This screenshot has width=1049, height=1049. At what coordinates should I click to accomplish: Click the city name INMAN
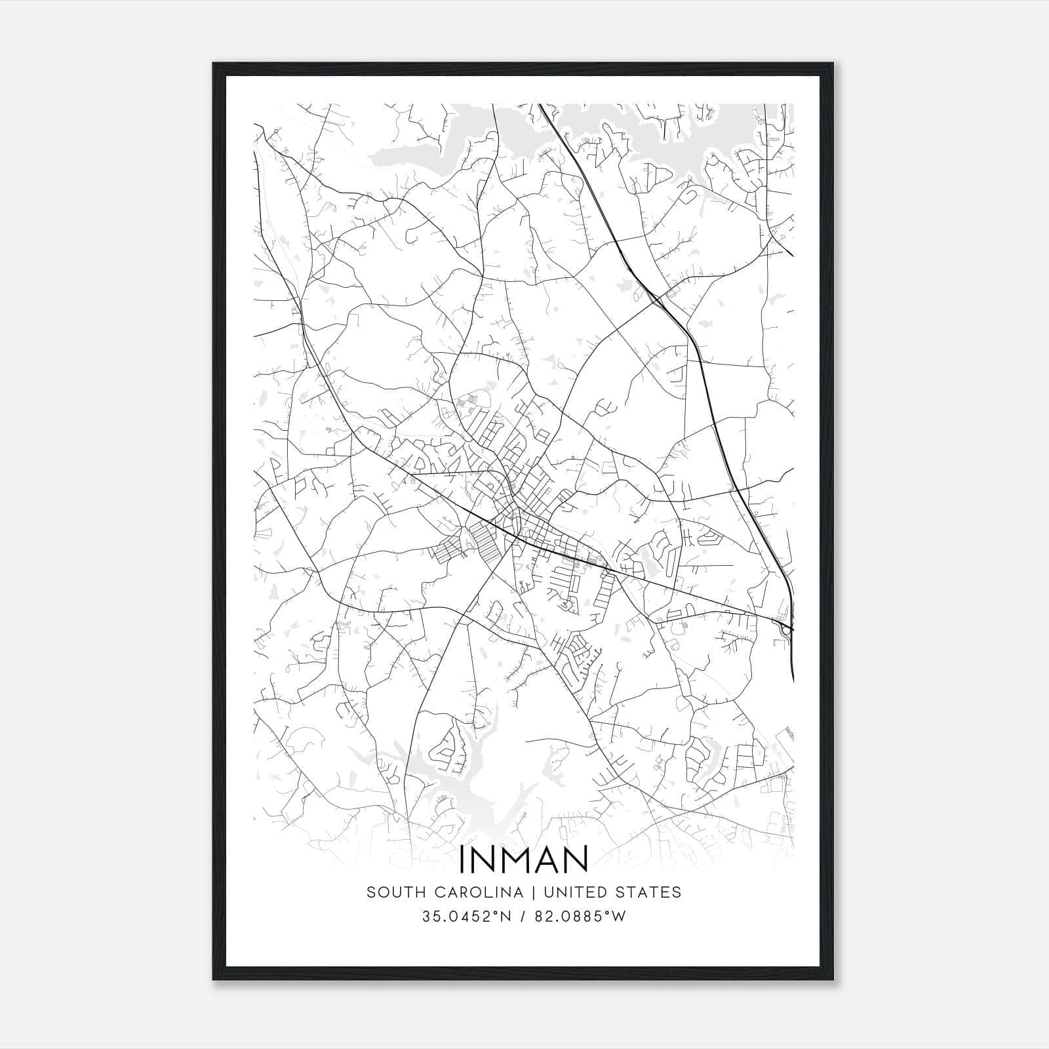point(524,859)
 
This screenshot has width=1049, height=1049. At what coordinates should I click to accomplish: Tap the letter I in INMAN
point(464,859)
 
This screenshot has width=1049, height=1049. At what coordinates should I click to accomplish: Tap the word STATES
point(652,892)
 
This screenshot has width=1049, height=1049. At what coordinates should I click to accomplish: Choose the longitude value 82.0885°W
point(580,917)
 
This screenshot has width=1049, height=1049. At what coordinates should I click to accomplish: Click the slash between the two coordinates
point(522,917)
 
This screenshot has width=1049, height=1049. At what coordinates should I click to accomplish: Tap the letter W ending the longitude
point(619,917)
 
